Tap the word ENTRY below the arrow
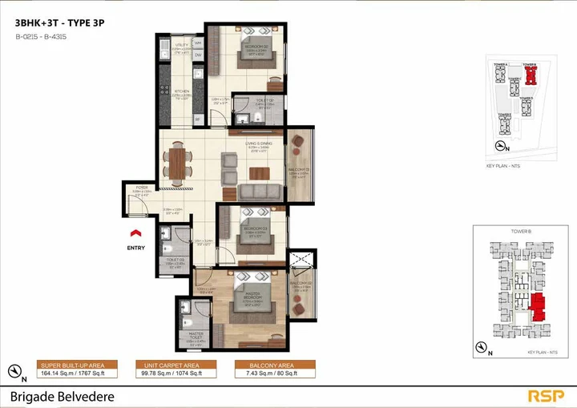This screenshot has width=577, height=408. point(137,248)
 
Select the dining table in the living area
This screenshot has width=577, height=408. point(176,160)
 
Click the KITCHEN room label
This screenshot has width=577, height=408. point(182,91)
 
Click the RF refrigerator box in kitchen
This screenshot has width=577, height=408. point(197,119)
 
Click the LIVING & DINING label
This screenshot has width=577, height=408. point(260,144)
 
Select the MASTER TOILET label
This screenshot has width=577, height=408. point(196,335)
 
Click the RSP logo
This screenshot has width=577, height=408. point(546,395)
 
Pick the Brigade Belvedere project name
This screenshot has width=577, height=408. point(63,396)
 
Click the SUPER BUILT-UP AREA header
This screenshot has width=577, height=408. point(75,364)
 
